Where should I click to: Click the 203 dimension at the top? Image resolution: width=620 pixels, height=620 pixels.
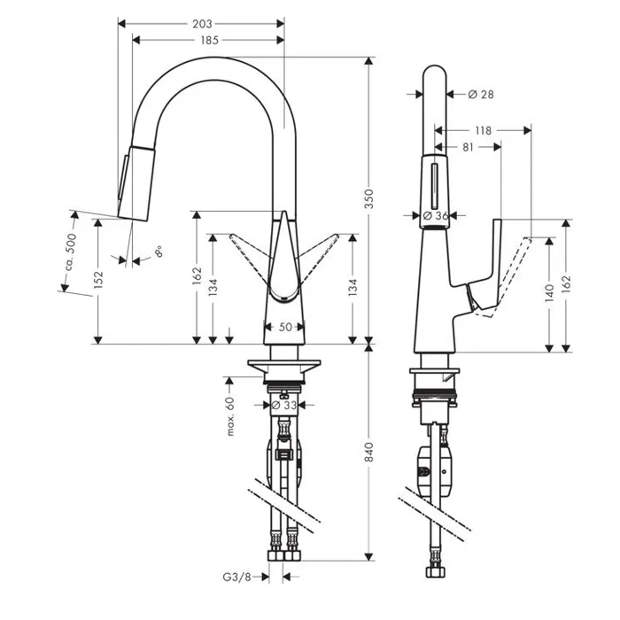point(201,24)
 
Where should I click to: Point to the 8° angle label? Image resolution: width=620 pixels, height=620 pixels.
point(159,252)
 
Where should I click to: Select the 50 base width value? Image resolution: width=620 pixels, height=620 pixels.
point(285,327)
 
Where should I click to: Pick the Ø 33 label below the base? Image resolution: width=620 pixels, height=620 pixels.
point(284,406)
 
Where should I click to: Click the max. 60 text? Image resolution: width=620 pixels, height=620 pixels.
point(229,417)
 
